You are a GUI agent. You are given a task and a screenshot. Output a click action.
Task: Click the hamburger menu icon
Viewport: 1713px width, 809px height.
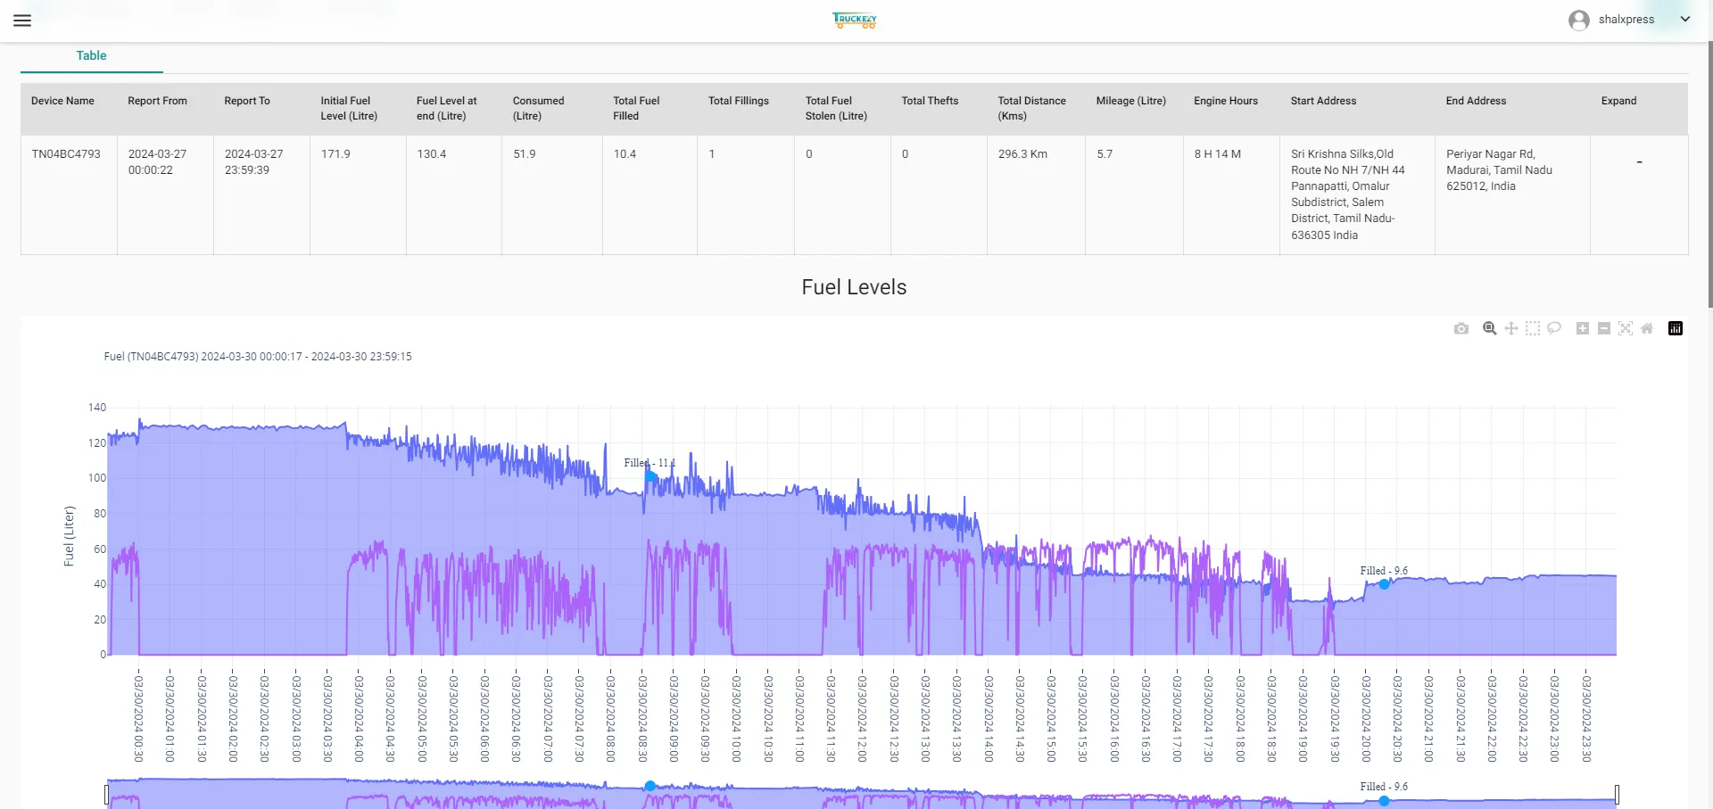[x=22, y=20]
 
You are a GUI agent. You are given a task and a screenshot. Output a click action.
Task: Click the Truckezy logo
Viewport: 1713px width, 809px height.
[x=855, y=20]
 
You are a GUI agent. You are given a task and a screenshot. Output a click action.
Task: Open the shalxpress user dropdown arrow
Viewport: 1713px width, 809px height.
[x=1684, y=19]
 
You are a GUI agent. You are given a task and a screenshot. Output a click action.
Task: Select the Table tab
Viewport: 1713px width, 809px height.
[x=91, y=55]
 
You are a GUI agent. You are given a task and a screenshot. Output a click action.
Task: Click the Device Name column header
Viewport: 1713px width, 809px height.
[x=62, y=101]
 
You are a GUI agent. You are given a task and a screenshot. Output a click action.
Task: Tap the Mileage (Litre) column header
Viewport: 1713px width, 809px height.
[x=1130, y=101]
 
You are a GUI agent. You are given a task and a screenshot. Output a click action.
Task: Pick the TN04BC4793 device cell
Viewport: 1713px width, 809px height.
[x=66, y=154]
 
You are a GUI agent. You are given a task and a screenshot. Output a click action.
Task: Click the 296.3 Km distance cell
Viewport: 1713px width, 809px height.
[x=1022, y=154]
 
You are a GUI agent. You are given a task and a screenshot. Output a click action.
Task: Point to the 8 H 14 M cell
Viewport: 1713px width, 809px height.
[x=1217, y=154]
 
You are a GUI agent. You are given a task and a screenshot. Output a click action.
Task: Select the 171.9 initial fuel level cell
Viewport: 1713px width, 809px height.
[x=335, y=154]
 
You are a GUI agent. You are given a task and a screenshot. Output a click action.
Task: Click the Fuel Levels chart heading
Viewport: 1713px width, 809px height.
[x=854, y=287]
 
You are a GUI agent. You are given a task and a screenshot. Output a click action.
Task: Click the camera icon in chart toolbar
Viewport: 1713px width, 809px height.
[x=1461, y=328]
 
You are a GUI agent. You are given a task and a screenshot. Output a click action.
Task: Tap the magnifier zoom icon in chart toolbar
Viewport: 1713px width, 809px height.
[x=1489, y=328]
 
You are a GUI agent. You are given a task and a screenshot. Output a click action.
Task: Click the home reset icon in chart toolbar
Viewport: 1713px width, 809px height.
[x=1647, y=328]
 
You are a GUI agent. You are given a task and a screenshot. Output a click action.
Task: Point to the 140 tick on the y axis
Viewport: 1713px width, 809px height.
[x=96, y=408]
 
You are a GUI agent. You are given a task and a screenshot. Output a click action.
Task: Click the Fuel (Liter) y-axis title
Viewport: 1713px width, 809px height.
[x=69, y=536]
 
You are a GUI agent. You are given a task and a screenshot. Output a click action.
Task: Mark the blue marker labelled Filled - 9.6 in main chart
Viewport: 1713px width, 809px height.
[x=1384, y=584]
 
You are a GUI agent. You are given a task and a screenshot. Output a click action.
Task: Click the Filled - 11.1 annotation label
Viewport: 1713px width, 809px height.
[x=650, y=463]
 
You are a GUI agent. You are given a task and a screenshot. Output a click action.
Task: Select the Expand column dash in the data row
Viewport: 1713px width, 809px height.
[x=1639, y=162]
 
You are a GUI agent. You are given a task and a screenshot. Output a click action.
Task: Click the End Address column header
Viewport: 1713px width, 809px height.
[x=1476, y=101]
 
